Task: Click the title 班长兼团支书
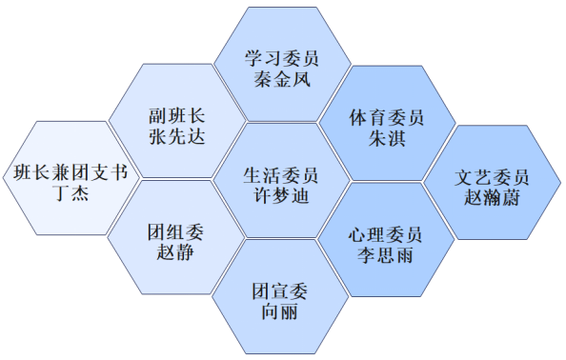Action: pos(71,172)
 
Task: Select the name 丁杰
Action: pos(71,192)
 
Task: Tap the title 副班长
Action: pos(177,116)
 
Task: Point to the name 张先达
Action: pos(177,137)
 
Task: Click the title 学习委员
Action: pos(282,58)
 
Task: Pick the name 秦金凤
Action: pos(282,79)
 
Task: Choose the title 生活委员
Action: pos(281,175)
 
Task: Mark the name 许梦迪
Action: pos(281,196)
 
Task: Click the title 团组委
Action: pos(175,232)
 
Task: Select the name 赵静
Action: pos(175,252)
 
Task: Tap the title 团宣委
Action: pos(280,291)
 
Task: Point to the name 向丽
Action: pos(280,311)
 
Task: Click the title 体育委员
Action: pos(387,118)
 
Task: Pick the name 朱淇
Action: pos(387,138)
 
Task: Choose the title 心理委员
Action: pos(385,235)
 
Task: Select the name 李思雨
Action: pos(385,255)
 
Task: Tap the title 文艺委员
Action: pos(492,177)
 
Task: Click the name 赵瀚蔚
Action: pos(492,198)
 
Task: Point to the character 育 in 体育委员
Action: pos(377,118)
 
